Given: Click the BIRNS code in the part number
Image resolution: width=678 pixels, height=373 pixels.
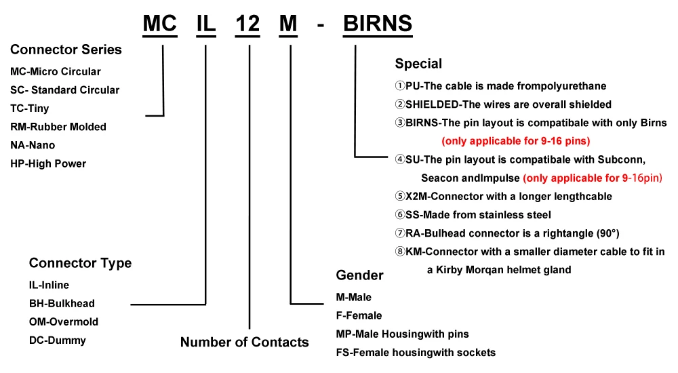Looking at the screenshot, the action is click(378, 23).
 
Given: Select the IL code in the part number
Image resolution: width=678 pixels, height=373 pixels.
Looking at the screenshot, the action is click(205, 23).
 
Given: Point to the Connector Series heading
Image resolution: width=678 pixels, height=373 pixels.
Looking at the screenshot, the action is click(66, 50).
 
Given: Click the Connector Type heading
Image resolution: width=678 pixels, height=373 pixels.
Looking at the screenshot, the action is click(80, 263).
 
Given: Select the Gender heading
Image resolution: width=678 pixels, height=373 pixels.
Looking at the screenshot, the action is click(359, 275).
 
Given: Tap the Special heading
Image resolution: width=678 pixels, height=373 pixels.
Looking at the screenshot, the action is click(418, 64).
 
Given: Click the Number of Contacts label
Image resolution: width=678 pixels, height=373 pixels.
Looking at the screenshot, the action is click(244, 342).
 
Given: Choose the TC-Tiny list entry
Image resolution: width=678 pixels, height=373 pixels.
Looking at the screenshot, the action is click(30, 109).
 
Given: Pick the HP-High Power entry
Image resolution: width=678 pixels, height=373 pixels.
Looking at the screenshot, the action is click(48, 163).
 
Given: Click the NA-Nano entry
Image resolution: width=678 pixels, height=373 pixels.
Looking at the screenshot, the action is click(33, 145).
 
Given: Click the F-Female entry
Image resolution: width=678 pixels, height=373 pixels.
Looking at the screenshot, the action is click(359, 315).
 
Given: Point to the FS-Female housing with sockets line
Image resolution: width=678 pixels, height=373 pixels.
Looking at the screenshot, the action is click(416, 352).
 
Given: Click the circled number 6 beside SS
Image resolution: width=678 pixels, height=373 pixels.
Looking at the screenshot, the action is click(400, 215).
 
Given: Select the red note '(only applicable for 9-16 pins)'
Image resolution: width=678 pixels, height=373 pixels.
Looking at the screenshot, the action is click(515, 142).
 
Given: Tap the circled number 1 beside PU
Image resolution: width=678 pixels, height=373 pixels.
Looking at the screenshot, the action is click(400, 86).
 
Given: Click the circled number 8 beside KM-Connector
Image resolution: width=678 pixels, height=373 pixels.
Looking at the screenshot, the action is click(400, 252).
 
